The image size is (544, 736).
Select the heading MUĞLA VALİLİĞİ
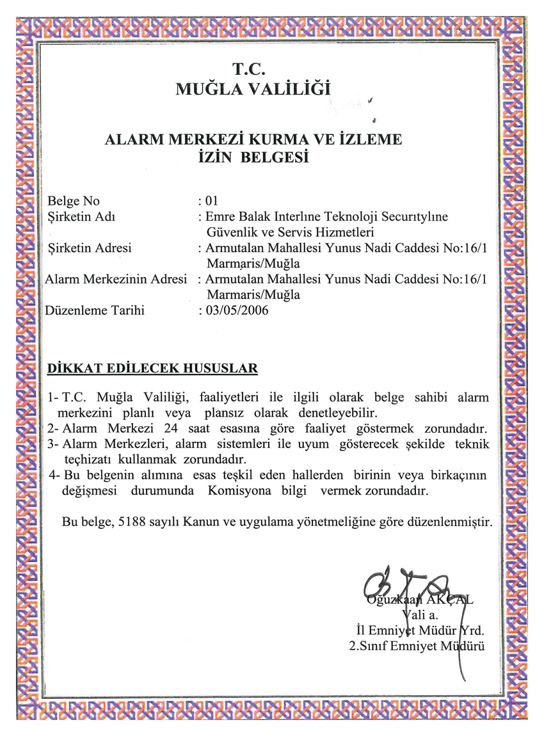pos(254,88)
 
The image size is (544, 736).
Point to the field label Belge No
pos(74,202)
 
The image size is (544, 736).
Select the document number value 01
pos(212,202)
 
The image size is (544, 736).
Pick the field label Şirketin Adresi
pos(90,248)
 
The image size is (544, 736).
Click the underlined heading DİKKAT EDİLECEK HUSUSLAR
pos(153,368)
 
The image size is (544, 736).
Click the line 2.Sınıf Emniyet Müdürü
pos(416,646)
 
